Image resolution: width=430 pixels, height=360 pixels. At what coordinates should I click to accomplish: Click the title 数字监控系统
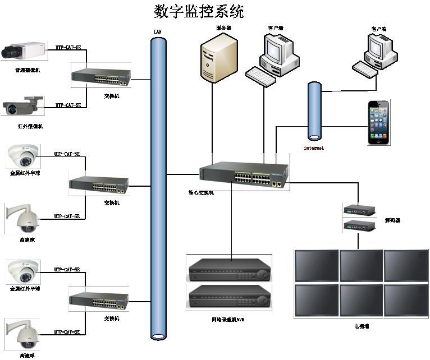199,11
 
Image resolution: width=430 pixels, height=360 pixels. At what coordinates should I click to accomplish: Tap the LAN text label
158,31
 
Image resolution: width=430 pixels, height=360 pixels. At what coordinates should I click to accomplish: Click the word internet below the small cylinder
314,148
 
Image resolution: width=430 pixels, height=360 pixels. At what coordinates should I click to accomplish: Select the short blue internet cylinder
314,111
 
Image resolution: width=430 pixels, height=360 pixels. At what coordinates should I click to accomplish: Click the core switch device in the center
244,176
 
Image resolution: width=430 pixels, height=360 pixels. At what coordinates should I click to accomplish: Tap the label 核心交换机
200,192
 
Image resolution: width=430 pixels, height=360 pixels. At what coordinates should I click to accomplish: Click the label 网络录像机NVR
228,319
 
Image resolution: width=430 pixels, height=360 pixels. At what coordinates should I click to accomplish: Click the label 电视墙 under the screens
361,326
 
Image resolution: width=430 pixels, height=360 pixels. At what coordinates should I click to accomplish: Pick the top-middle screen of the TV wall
361,265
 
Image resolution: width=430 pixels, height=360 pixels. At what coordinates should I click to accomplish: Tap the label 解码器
392,220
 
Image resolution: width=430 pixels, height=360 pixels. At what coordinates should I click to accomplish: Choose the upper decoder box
359,210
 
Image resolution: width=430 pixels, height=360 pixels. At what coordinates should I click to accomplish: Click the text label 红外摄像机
30,126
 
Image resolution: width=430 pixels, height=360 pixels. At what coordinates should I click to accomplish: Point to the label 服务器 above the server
223,27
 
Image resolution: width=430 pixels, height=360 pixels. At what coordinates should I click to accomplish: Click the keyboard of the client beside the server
261,76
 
